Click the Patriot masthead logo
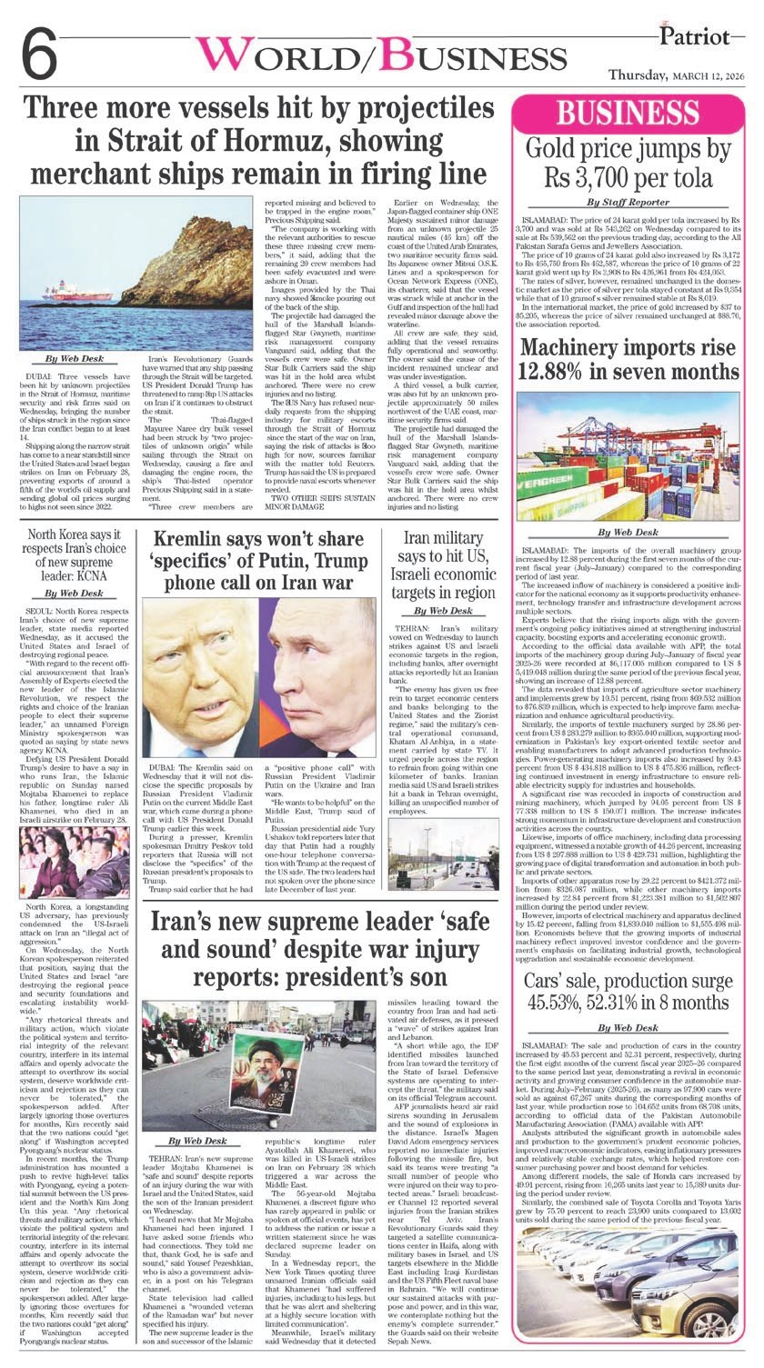click(x=699, y=38)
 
